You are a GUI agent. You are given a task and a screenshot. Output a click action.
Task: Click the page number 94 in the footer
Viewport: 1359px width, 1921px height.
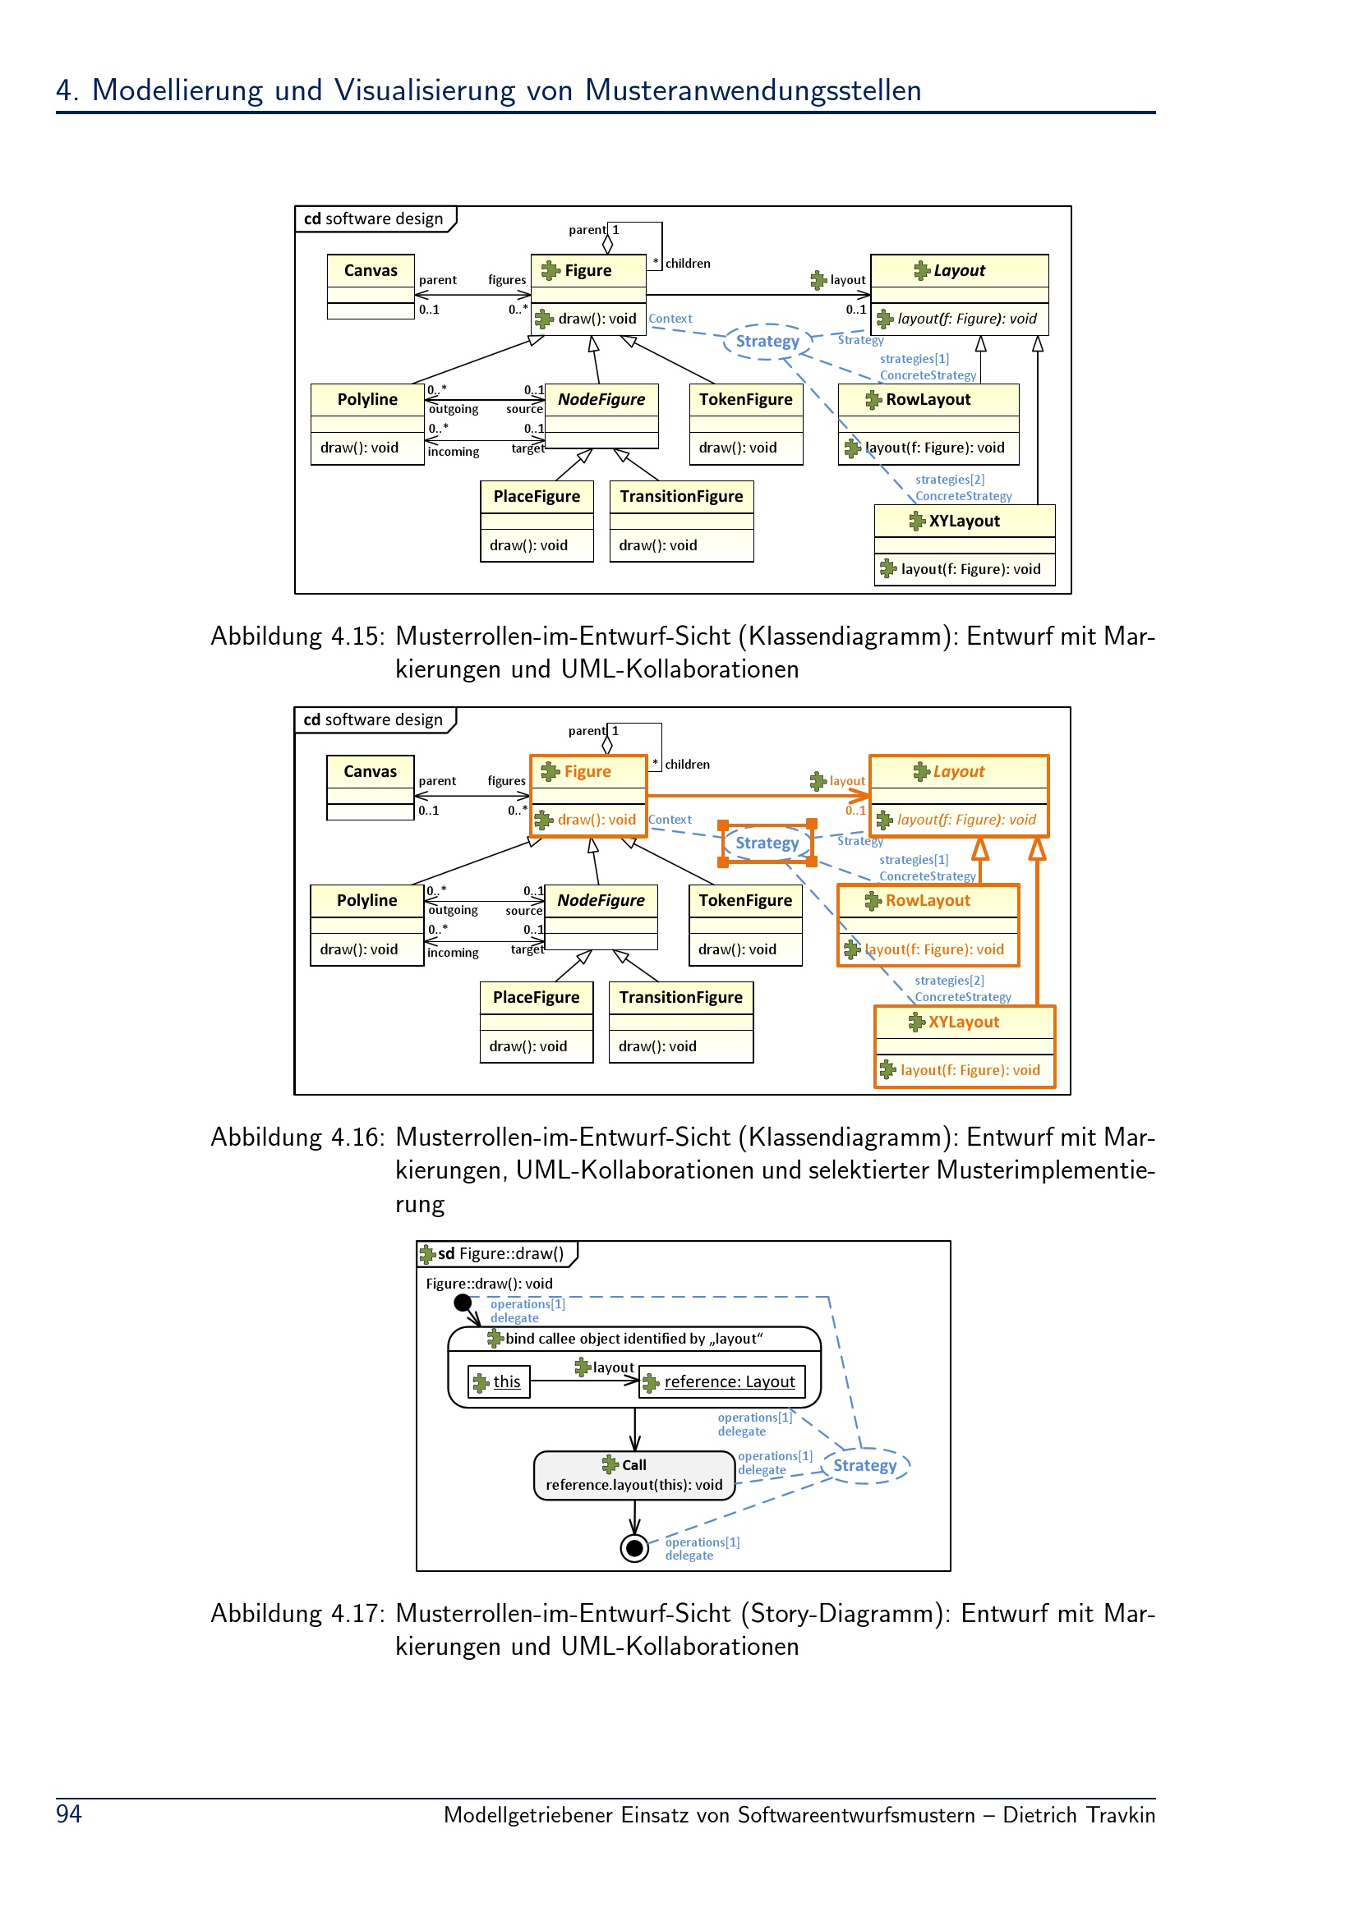tap(69, 1814)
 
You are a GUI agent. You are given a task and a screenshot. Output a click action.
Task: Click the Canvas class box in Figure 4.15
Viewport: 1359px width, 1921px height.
tap(371, 287)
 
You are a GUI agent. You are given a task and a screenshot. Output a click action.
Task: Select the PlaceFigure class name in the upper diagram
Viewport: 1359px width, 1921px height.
tap(537, 496)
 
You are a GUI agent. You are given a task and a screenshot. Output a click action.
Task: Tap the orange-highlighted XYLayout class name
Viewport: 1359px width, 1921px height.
tap(963, 1022)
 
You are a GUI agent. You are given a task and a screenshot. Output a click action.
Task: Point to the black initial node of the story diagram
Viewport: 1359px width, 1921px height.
tap(462, 1303)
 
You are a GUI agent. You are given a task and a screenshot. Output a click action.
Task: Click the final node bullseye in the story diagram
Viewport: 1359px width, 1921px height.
tap(634, 1549)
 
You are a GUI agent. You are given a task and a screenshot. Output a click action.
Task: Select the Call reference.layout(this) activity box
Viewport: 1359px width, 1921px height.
tap(634, 1475)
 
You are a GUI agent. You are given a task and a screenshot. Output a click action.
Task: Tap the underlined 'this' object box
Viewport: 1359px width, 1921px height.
tap(499, 1381)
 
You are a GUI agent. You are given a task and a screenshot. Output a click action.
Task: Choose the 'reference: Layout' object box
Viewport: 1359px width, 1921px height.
tap(722, 1381)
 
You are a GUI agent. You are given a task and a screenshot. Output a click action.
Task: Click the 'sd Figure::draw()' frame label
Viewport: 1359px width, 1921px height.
tap(500, 1253)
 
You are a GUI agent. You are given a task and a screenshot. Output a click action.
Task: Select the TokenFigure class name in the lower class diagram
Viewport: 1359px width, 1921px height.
tap(744, 900)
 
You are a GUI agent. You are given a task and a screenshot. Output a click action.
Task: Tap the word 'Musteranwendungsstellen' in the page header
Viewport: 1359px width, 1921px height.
tap(753, 90)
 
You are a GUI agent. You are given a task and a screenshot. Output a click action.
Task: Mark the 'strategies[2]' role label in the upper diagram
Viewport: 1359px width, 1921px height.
tap(950, 480)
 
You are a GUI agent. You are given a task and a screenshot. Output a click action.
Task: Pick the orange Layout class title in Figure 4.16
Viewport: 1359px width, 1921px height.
tap(959, 771)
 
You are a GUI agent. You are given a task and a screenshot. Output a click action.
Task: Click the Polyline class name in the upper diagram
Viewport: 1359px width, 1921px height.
tap(367, 399)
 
